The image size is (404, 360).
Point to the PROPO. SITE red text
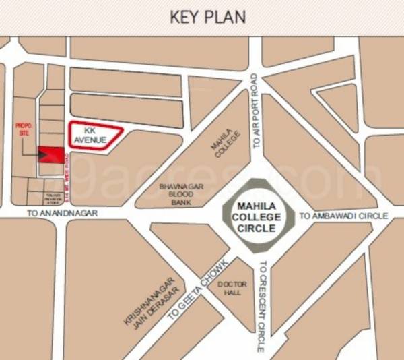[24, 129]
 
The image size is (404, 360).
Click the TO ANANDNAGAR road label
[63, 213]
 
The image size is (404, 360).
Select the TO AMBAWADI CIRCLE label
[343, 216]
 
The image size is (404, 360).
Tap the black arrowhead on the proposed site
[43, 156]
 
